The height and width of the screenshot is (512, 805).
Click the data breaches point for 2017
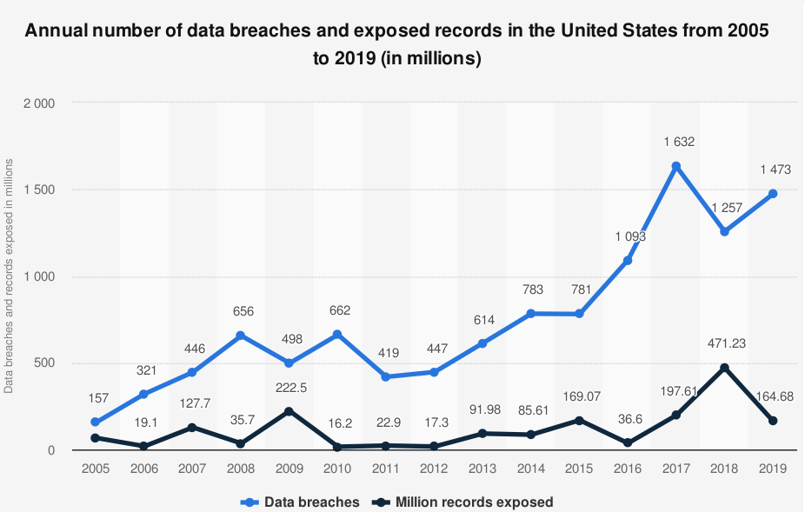pyautogui.click(x=675, y=166)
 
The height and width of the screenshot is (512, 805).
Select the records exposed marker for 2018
pyautogui.click(x=724, y=368)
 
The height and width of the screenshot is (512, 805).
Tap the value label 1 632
pyautogui.click(x=675, y=142)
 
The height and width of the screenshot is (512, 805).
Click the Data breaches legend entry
pyautogui.click(x=302, y=502)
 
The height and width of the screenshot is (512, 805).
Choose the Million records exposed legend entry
pyautogui.click(x=464, y=502)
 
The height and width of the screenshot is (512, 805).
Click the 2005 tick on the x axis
pyautogui.click(x=95, y=468)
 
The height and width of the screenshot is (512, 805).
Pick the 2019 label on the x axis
pyautogui.click(x=772, y=468)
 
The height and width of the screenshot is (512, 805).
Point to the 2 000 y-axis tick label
pyautogui.click(x=39, y=103)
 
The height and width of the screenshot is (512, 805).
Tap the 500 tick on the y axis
pyautogui.click(x=44, y=363)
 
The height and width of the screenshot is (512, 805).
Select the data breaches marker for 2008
pyautogui.click(x=240, y=336)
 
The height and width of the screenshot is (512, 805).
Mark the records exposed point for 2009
pyautogui.click(x=289, y=411)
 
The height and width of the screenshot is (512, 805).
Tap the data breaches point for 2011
pyautogui.click(x=385, y=377)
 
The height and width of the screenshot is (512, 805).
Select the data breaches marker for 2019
pyautogui.click(x=772, y=194)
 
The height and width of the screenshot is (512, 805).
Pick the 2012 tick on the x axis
pyautogui.click(x=434, y=468)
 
